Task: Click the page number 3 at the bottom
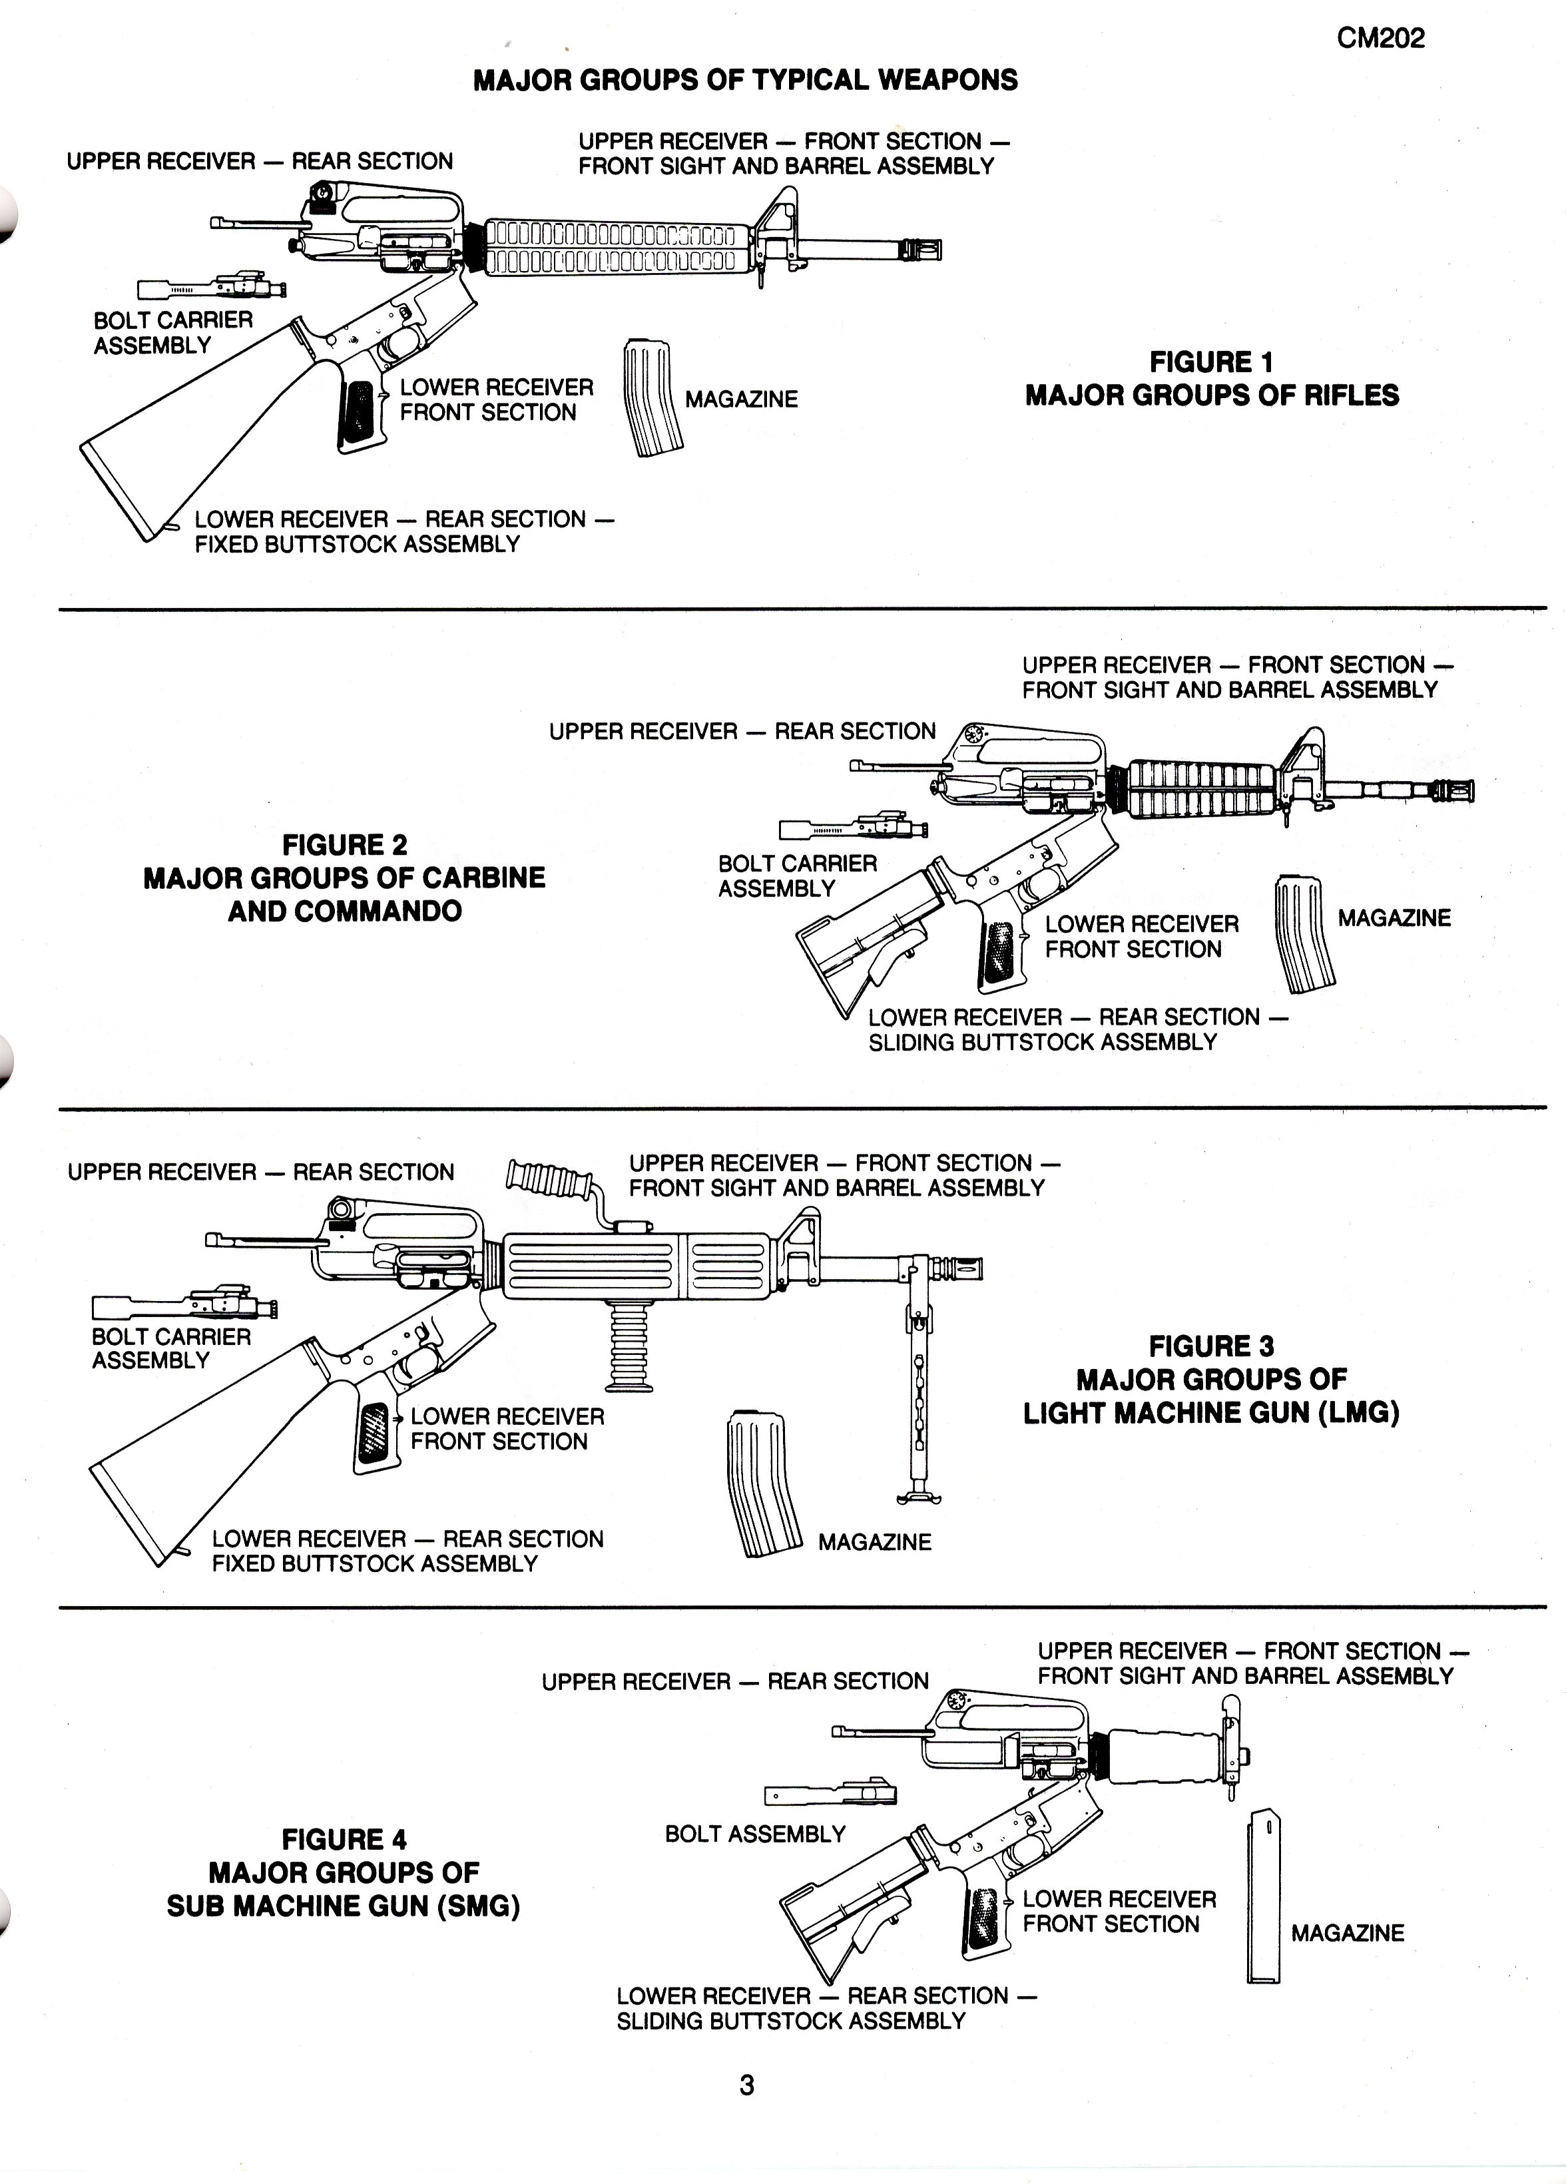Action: coord(746,2085)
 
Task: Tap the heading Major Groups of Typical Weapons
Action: coord(746,80)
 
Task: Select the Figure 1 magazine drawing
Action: coord(653,397)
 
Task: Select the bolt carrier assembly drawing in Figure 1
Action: coord(212,286)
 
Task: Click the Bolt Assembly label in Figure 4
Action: coord(755,1834)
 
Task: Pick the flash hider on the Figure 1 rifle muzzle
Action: coord(921,250)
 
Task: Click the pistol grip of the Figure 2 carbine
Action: coord(998,954)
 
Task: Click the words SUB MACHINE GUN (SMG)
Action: coord(343,1906)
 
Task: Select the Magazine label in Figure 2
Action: coord(1394,918)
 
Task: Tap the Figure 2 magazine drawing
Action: coord(1305,934)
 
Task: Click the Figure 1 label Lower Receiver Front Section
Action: coord(496,400)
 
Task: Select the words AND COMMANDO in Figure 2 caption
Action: coord(345,911)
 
